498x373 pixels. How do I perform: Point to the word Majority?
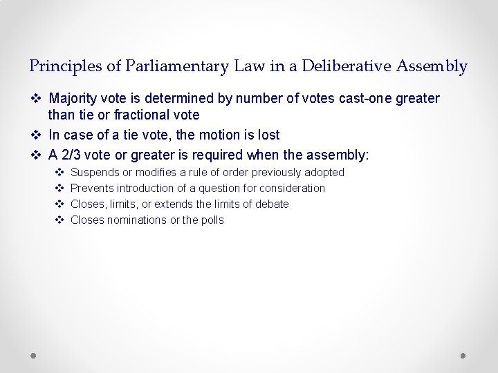coord(73,98)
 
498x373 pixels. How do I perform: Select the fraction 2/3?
coord(73,155)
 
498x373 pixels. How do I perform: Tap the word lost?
coord(266,135)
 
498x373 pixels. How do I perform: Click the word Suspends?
coord(94,172)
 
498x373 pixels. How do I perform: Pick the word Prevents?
coord(93,188)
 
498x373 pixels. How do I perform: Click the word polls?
coord(212,220)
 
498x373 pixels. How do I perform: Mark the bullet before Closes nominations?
coord(59,220)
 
